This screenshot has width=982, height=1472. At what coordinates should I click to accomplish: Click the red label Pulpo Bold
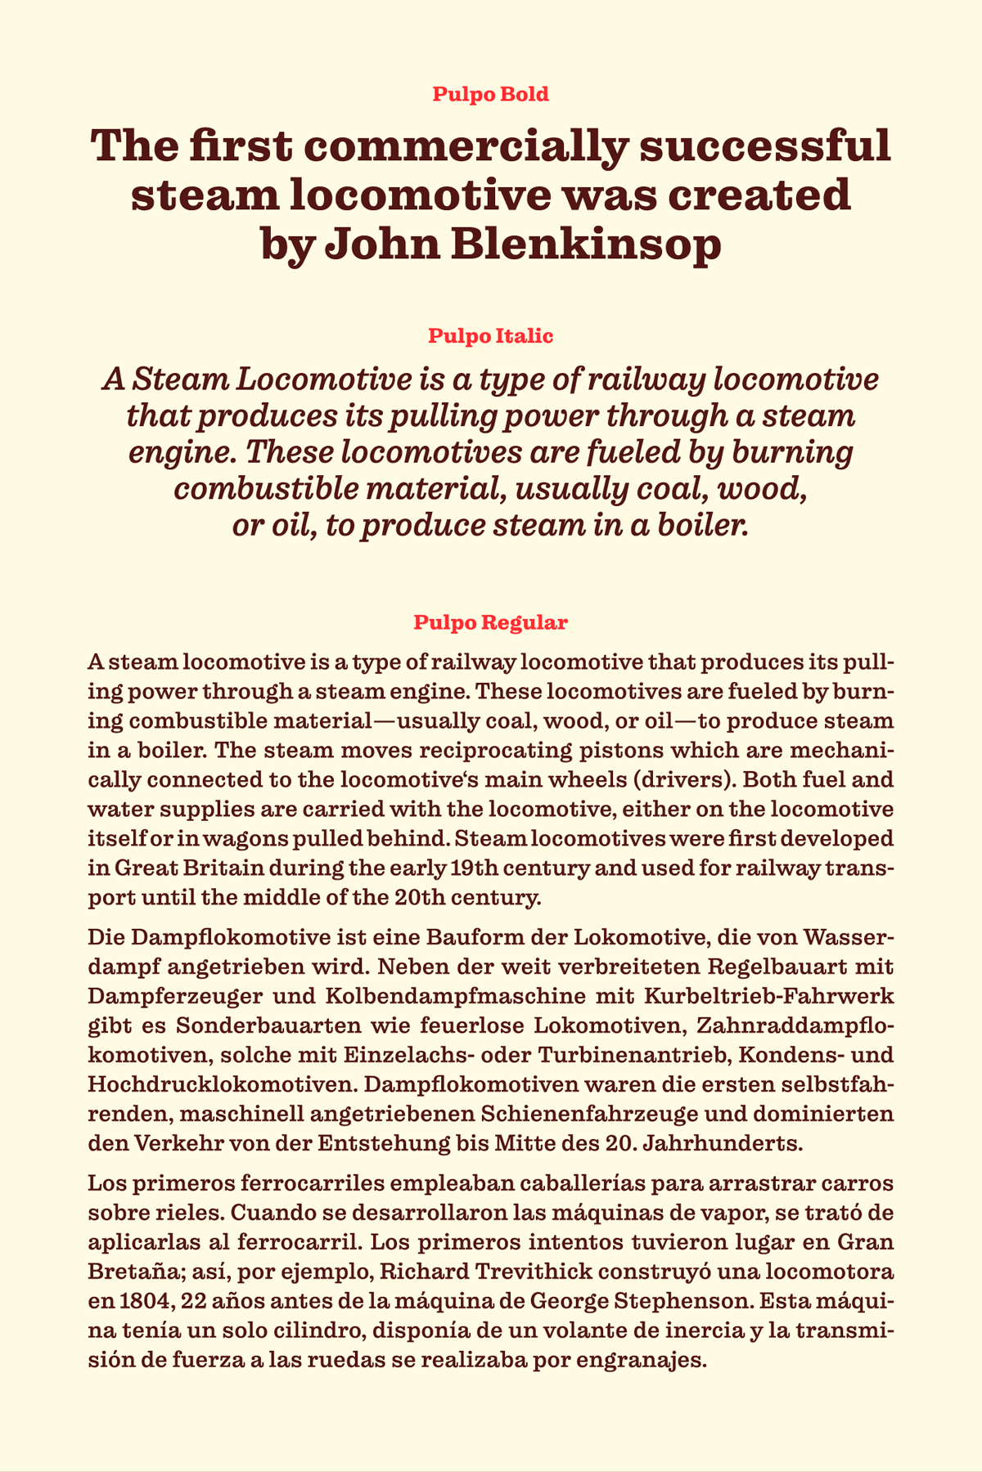[491, 94]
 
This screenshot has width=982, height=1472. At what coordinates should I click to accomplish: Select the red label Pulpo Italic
[491, 336]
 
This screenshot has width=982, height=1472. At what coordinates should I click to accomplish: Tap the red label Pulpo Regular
[491, 622]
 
